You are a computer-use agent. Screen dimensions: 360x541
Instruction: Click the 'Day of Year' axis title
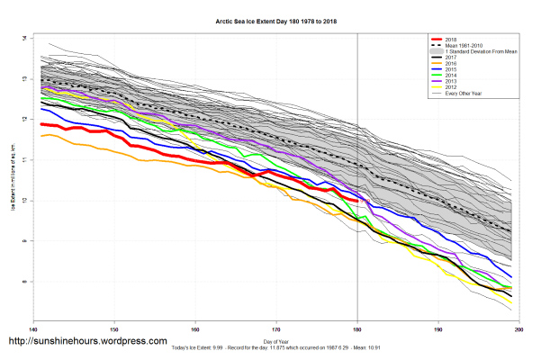point(276,342)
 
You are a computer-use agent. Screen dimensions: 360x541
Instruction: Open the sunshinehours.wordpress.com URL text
point(87,342)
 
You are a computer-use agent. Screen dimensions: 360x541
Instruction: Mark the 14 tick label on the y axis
point(23,39)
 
